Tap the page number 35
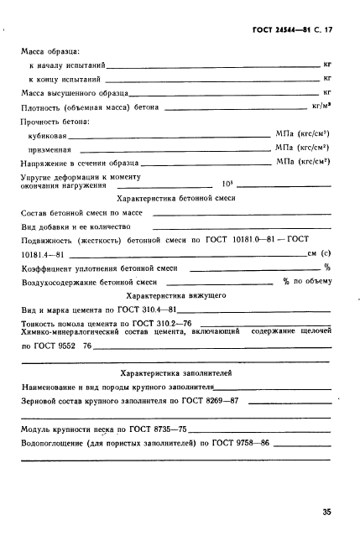coord(326,509)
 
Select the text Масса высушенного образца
coord(74,91)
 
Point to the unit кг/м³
coord(322,107)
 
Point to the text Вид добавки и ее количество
coord(75,226)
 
